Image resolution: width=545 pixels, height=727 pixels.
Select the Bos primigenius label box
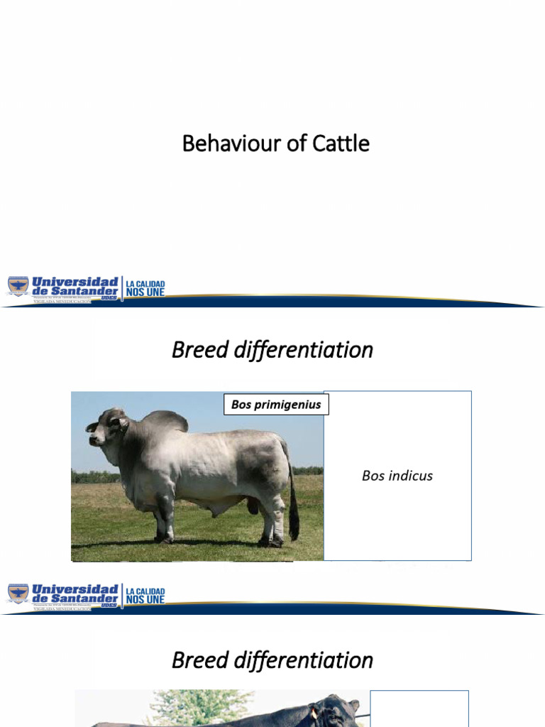coord(276,405)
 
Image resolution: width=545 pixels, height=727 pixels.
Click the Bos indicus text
coord(397,476)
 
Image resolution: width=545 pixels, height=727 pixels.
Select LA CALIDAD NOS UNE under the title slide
coord(145,288)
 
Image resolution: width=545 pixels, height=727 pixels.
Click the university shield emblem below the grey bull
coord(18,594)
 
